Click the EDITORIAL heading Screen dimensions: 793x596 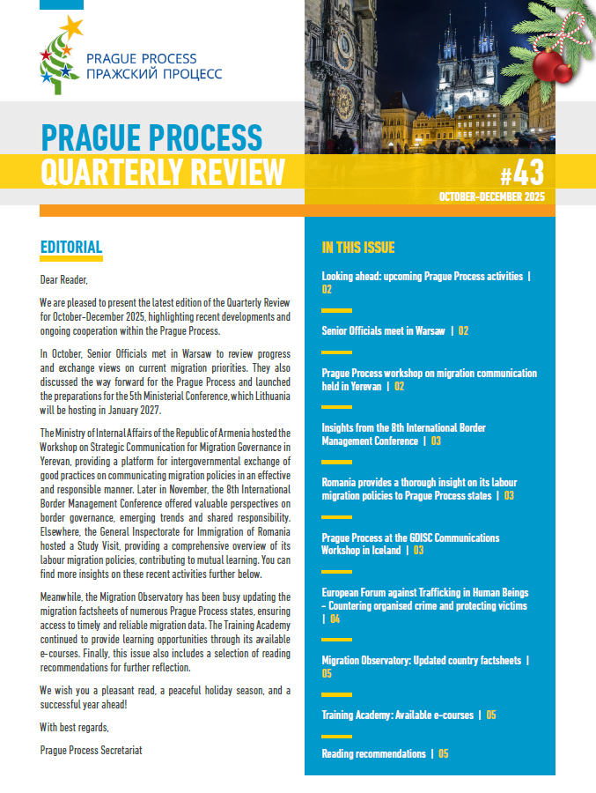tap(71, 248)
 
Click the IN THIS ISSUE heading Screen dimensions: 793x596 tap(358, 248)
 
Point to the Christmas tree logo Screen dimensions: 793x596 tap(59, 56)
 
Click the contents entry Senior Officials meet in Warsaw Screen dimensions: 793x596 tap(385, 330)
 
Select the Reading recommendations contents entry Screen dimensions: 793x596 tap(375, 753)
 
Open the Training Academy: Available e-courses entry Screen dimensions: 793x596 tap(398, 715)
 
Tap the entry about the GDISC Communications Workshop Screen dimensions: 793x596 tap(410, 544)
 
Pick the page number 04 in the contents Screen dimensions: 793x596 tap(335, 619)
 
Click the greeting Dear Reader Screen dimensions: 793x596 tap(64, 281)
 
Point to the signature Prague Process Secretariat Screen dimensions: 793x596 tap(91, 751)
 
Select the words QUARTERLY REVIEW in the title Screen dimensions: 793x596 tap(163, 171)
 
